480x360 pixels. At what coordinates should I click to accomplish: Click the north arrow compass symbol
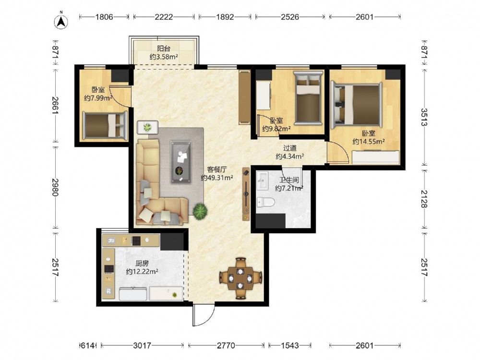61,21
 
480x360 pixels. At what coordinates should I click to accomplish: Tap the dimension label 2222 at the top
164,16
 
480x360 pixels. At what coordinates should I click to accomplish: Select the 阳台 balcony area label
164,48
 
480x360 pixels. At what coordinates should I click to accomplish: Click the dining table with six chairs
240,278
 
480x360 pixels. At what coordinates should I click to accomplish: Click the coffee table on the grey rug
181,162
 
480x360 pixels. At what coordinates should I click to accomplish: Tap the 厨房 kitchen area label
142,263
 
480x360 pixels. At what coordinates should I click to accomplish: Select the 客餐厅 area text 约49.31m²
217,178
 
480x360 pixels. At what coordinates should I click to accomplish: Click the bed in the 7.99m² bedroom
105,125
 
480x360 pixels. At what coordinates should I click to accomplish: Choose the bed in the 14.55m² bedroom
356,105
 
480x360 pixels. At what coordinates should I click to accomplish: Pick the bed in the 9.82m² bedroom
308,98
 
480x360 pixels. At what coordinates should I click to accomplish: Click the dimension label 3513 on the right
424,117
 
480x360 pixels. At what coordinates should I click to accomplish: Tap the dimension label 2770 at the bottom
226,345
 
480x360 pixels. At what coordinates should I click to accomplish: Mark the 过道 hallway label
289,148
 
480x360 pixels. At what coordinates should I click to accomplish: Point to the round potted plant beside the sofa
200,211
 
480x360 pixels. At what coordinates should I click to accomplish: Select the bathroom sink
263,180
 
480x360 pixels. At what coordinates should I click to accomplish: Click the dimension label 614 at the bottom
87,345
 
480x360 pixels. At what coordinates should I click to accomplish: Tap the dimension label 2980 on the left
55,187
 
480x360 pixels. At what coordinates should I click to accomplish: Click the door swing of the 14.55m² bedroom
338,152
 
